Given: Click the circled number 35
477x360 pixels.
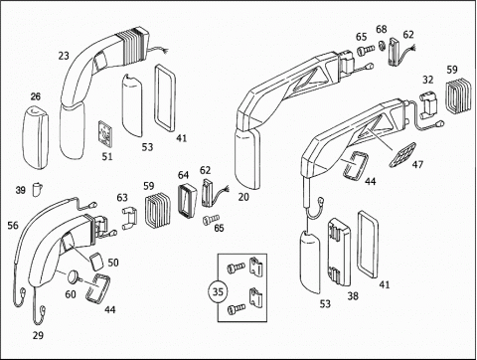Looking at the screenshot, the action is [218, 292].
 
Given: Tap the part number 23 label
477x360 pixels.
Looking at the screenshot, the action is [64, 56].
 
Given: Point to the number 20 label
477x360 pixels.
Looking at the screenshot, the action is [243, 197].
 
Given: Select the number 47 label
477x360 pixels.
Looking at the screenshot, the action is [417, 164].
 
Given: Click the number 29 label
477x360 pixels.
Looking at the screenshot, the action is [38, 335].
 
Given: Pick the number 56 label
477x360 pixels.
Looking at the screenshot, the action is [13, 226].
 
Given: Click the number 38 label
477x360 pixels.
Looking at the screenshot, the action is [353, 296].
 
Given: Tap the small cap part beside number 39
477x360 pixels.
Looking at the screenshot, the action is [38, 189].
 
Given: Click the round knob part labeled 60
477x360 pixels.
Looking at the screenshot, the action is [74, 276].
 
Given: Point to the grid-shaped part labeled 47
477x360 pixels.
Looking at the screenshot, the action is [401, 155].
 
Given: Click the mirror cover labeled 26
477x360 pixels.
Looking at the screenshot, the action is [35, 137].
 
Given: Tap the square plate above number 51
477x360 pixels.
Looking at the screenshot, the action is [105, 134].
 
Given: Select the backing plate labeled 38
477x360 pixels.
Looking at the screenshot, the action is [340, 252].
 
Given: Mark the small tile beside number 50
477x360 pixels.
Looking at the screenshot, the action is [95, 262].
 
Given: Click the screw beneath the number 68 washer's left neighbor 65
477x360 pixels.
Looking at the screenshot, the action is [365, 50].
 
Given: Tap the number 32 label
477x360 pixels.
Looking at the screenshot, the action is [428, 80].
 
